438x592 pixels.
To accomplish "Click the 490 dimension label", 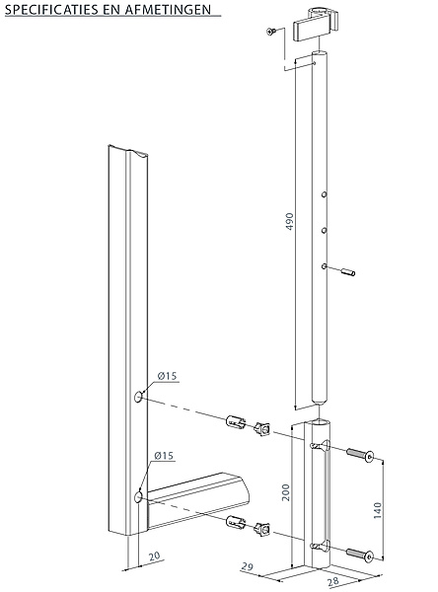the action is coord(289,222).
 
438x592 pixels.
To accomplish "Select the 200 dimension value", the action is coord(286,492).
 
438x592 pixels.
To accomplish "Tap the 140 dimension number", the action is coord(377,510).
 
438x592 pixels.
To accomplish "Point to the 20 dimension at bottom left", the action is coord(155,555).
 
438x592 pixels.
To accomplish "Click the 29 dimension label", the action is coord(248,566).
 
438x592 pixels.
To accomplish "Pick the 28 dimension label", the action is coord(333,581).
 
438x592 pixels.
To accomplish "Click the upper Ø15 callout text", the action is coord(168,376).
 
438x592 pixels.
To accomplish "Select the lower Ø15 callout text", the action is coord(164,456).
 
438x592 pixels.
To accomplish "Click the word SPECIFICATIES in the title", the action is coord(51,10).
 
